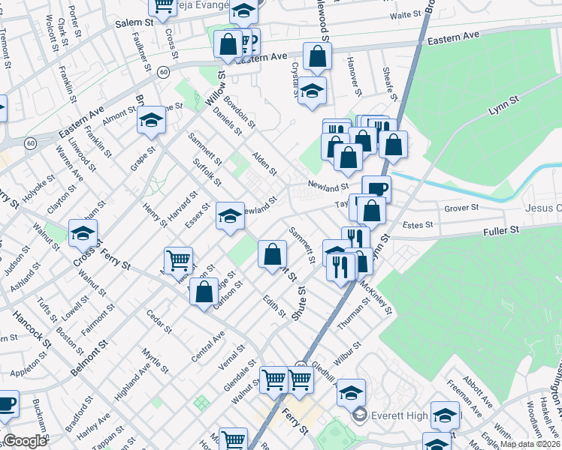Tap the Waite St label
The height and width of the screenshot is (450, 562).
point(405,15)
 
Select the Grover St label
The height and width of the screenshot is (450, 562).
point(461,208)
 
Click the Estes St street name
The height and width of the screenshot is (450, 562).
point(418,224)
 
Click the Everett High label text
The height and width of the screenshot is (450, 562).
point(395,413)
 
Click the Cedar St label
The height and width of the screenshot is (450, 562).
point(159,321)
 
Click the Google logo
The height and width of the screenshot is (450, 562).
point(25,441)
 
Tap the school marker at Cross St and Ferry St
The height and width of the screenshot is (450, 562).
point(83,233)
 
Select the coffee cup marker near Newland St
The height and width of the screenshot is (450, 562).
point(376,189)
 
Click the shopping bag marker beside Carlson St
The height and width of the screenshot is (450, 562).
point(204,292)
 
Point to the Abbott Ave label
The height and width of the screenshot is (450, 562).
point(478,392)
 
